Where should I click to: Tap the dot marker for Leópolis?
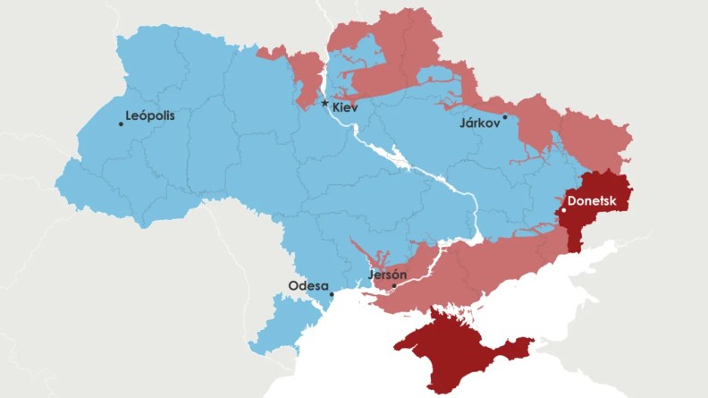[121, 123]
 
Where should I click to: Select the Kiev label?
[345, 107]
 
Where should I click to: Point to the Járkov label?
[479, 123]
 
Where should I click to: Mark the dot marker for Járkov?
[505, 116]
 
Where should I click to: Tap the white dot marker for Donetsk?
[563, 211]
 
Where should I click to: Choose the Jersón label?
[388, 275]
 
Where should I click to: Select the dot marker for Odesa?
[331, 294]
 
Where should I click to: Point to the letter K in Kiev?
[336, 107]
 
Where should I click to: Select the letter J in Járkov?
[461, 123]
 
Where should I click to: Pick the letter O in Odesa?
[292, 286]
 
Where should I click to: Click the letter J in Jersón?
[370, 275]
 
